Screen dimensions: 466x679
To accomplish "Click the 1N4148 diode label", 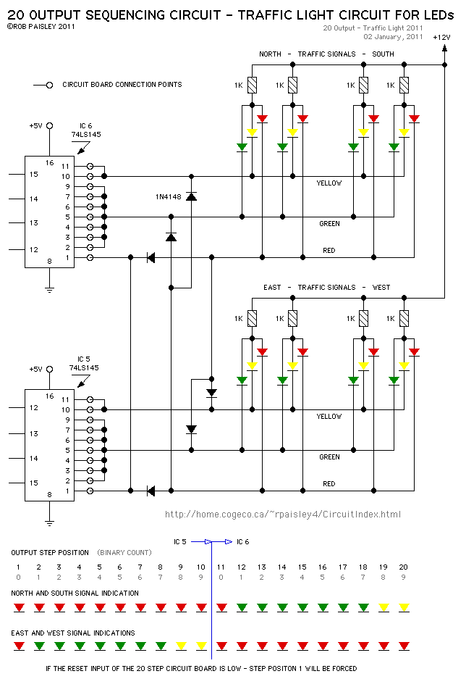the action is tap(168, 197).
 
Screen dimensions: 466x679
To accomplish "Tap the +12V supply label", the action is tap(441, 37).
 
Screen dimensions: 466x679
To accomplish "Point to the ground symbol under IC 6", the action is tap(49, 289).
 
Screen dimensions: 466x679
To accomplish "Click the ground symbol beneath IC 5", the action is tap(49, 522).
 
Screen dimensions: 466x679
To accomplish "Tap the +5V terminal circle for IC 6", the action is tap(49, 125).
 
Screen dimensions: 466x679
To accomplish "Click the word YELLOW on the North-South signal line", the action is tap(329, 183).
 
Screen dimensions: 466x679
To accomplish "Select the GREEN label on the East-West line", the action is tap(329, 457).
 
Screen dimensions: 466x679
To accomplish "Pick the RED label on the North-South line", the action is tap(329, 251).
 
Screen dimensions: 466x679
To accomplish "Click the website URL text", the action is tap(283, 515).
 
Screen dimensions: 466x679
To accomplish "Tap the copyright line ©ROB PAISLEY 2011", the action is tap(41, 26).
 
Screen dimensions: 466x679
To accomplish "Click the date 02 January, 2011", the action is tap(393, 37).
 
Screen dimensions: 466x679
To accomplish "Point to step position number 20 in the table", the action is tap(403, 567).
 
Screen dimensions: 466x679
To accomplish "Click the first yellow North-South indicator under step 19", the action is tap(384, 607).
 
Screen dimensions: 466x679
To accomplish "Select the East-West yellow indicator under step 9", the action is tap(181, 646).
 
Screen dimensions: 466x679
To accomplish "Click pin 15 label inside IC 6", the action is tap(34, 175).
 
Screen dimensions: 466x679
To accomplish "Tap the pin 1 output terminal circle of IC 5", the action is tap(90, 491).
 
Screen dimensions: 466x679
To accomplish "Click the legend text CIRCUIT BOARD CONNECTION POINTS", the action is tap(122, 85).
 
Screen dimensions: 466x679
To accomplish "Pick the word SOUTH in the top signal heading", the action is tap(383, 54).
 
